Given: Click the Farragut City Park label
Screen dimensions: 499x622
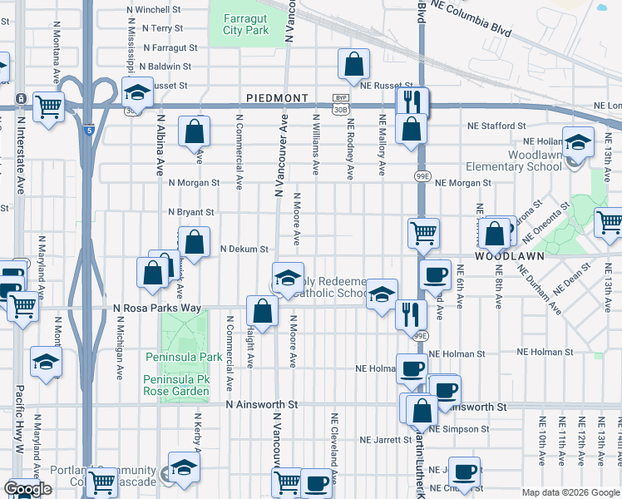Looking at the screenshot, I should click(245, 23).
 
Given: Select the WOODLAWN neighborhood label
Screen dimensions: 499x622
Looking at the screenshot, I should click(509, 256).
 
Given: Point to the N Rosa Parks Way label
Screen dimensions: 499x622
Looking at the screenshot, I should click(157, 308).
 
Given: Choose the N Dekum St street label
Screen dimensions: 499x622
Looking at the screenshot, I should click(244, 249).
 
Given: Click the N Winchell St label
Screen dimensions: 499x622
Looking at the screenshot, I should click(154, 10).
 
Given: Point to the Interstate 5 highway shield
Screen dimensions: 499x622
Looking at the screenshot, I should click(88, 129).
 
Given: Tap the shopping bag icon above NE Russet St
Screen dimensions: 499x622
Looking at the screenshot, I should click(354, 63).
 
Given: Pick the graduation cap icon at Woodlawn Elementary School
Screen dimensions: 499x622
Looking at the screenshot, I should click(577, 142).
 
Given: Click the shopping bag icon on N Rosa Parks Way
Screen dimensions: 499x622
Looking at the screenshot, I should click(262, 312).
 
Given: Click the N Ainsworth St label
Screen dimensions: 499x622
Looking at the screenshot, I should click(262, 404).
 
